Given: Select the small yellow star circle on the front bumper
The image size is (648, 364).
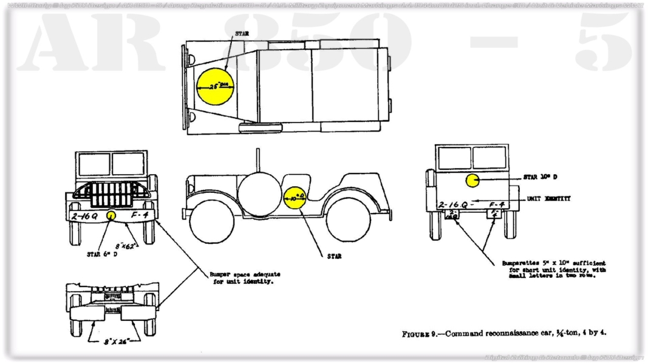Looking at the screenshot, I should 111,215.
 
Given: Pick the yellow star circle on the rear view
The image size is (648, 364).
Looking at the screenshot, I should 473,180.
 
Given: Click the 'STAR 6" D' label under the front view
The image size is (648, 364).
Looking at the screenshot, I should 103,254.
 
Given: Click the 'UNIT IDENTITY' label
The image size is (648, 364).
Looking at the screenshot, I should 548,199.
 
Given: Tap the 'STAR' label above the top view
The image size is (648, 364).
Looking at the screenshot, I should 242,34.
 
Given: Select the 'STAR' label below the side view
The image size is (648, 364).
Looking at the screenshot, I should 334,257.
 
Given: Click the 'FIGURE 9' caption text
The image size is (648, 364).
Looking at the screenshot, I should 504,333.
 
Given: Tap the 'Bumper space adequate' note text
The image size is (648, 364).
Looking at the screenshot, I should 245,278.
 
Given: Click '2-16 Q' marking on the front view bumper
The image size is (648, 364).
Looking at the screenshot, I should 85,215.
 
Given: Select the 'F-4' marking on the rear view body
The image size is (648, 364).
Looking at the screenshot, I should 497,205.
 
